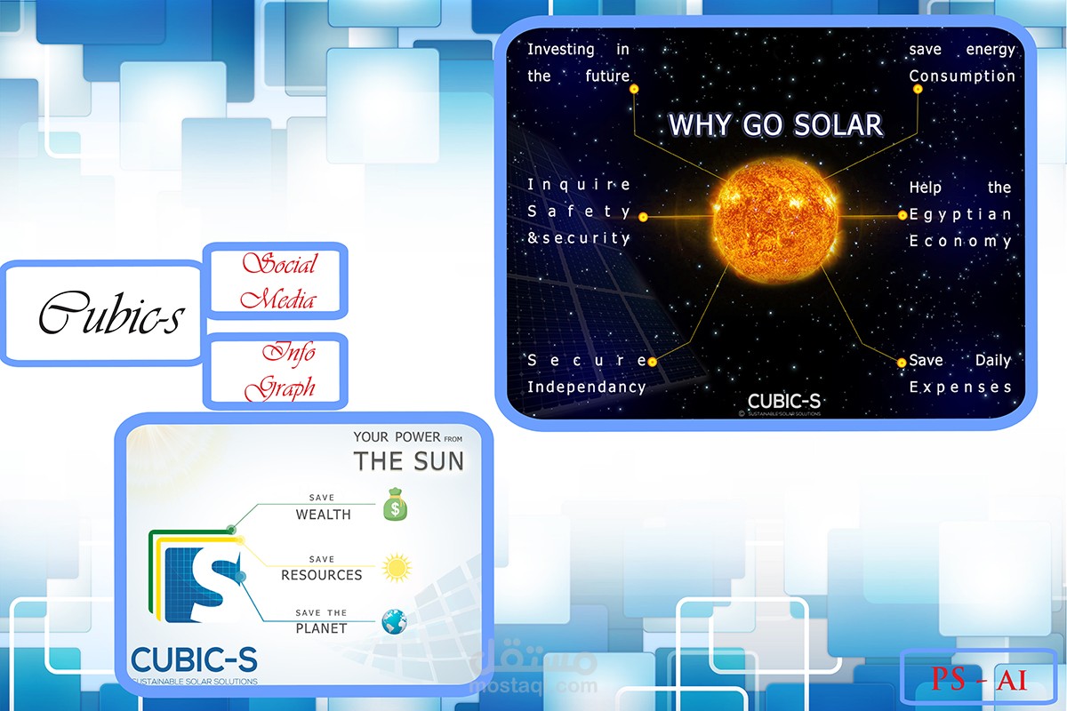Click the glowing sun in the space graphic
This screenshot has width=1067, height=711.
pos(775,216)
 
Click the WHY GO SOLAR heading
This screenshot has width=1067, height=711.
pos(775,125)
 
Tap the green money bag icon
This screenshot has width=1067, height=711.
pos(396,506)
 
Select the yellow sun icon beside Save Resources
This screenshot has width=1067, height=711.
pos(397,567)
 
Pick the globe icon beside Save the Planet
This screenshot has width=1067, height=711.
pos(394,621)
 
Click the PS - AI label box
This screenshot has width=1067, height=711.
pos(979,681)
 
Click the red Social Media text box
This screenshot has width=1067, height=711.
pos(277,281)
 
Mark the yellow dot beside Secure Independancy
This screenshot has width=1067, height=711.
pos(652,362)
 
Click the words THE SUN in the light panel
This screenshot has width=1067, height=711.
pos(408,460)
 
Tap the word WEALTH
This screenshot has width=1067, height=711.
pos(323,515)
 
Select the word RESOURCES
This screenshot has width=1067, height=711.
pos(321,575)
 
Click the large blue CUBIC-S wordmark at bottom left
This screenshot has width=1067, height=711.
pos(193,659)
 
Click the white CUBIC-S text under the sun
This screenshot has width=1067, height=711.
pos(783,400)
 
